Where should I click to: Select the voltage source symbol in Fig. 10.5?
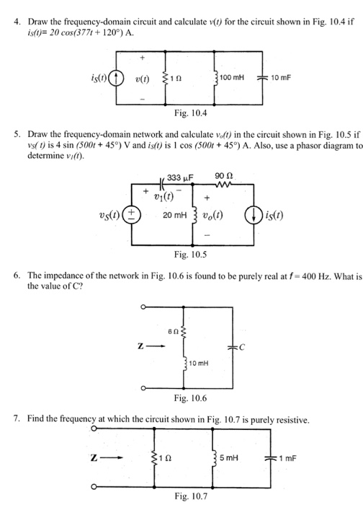(x=132, y=214)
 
